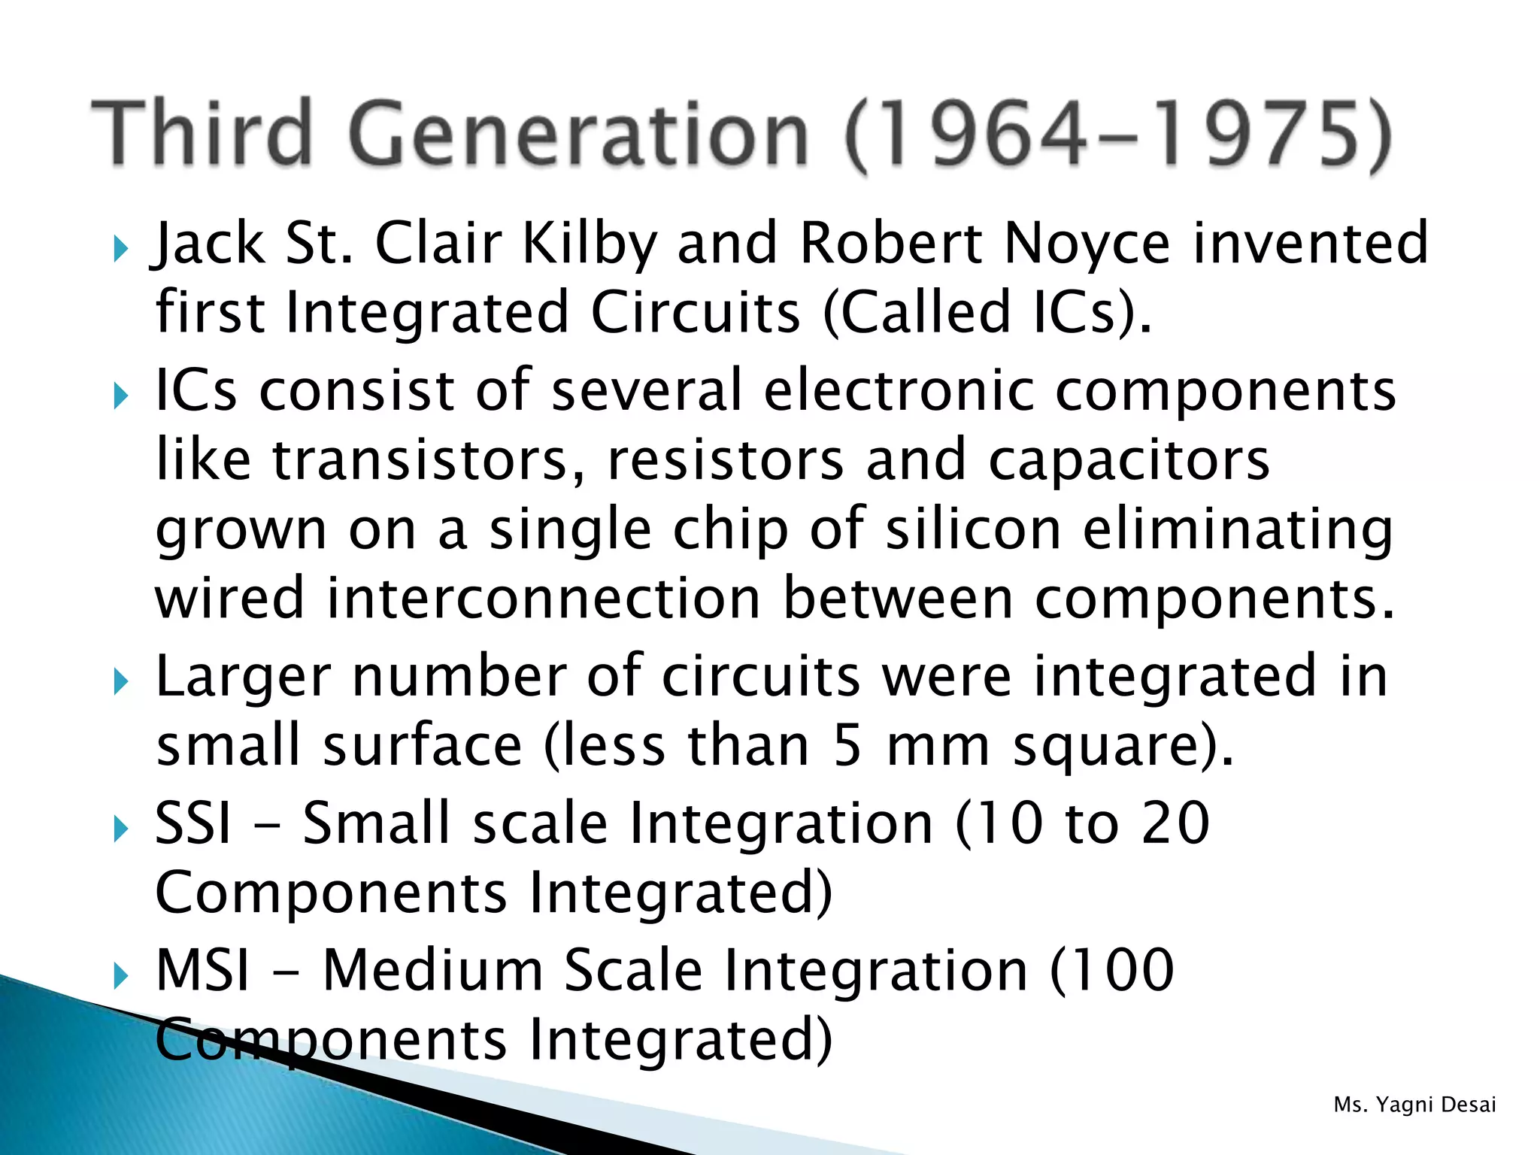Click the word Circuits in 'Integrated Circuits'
[696, 312]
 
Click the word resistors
[726, 459]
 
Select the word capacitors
[1129, 459]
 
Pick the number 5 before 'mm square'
[847, 745]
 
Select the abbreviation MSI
[202, 969]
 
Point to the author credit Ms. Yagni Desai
[1414, 1105]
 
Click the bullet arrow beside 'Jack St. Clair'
[121, 248]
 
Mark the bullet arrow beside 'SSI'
[121, 829]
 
